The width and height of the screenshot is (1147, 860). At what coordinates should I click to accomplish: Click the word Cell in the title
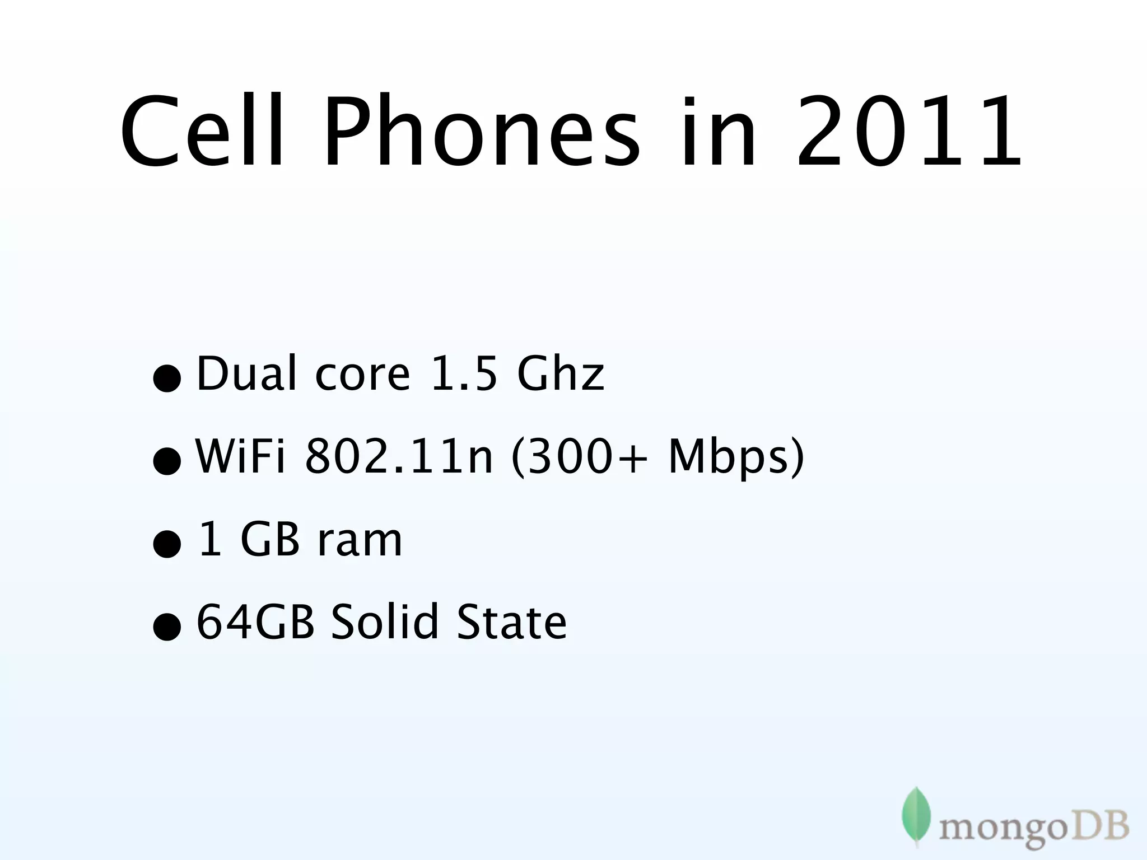pyautogui.click(x=202, y=133)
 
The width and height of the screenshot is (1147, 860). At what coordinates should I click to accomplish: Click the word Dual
pyautogui.click(x=247, y=373)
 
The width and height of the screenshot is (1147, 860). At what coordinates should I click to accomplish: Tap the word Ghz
pyautogui.click(x=561, y=373)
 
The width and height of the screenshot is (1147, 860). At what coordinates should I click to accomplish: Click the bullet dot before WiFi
pyautogui.click(x=167, y=462)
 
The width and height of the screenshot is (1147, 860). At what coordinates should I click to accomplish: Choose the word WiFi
pyautogui.click(x=241, y=456)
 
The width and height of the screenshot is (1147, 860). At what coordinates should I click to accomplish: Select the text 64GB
pyautogui.click(x=255, y=621)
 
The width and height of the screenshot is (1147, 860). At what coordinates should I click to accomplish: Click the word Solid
pyautogui.click(x=384, y=621)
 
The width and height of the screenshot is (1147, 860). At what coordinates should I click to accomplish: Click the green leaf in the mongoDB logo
pyautogui.click(x=916, y=814)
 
